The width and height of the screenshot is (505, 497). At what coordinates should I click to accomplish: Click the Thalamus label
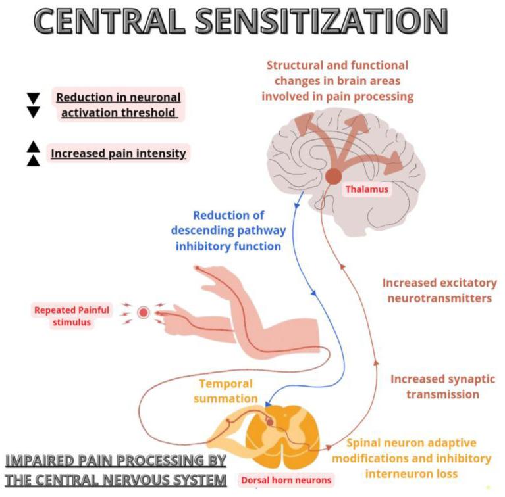(367, 189)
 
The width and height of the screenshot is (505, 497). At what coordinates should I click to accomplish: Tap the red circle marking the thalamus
(333, 176)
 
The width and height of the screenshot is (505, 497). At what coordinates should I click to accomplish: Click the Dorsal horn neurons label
(286, 480)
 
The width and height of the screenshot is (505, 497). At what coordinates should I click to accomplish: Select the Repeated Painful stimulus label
(72, 316)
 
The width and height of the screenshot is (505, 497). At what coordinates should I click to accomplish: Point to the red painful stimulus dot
(144, 312)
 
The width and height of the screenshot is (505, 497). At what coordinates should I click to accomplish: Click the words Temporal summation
(226, 391)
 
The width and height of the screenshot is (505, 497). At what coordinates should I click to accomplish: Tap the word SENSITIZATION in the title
(321, 20)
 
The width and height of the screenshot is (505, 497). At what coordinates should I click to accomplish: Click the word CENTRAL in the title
(109, 20)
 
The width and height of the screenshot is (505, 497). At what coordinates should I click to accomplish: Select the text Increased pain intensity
(119, 153)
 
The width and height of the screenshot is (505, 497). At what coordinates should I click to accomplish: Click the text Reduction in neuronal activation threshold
(119, 105)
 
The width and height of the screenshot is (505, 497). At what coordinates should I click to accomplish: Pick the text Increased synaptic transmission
(443, 387)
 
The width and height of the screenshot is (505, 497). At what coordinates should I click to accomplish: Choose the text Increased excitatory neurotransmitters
(440, 291)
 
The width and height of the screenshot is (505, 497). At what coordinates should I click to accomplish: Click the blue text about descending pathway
(228, 231)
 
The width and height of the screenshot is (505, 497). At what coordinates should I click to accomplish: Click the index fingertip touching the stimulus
(159, 313)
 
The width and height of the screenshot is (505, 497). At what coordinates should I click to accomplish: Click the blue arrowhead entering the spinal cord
(268, 404)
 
